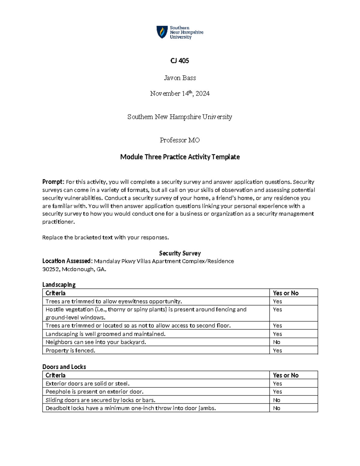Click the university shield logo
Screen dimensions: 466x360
click(x=162, y=32)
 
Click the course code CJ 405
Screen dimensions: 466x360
click(x=180, y=61)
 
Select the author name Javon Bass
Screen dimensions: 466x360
click(x=180, y=78)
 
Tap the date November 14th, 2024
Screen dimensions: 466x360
click(x=180, y=94)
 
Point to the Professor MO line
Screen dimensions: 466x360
click(x=180, y=140)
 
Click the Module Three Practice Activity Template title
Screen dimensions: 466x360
click(x=180, y=157)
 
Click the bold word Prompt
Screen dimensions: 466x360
click(x=53, y=182)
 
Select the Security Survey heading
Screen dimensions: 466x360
click(x=180, y=253)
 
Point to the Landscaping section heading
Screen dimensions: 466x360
click(x=59, y=284)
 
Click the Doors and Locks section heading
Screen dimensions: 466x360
click(x=64, y=367)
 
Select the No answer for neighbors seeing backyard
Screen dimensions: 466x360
click(x=276, y=342)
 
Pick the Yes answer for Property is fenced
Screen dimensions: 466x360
click(x=277, y=350)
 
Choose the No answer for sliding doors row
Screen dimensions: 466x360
click(x=276, y=400)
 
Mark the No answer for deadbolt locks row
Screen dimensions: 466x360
click(x=276, y=408)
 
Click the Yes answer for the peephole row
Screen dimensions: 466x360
click(x=277, y=392)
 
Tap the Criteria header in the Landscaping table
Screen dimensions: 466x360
click(x=55, y=293)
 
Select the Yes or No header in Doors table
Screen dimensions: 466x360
click(x=286, y=375)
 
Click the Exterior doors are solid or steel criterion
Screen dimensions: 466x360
click(x=87, y=383)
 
